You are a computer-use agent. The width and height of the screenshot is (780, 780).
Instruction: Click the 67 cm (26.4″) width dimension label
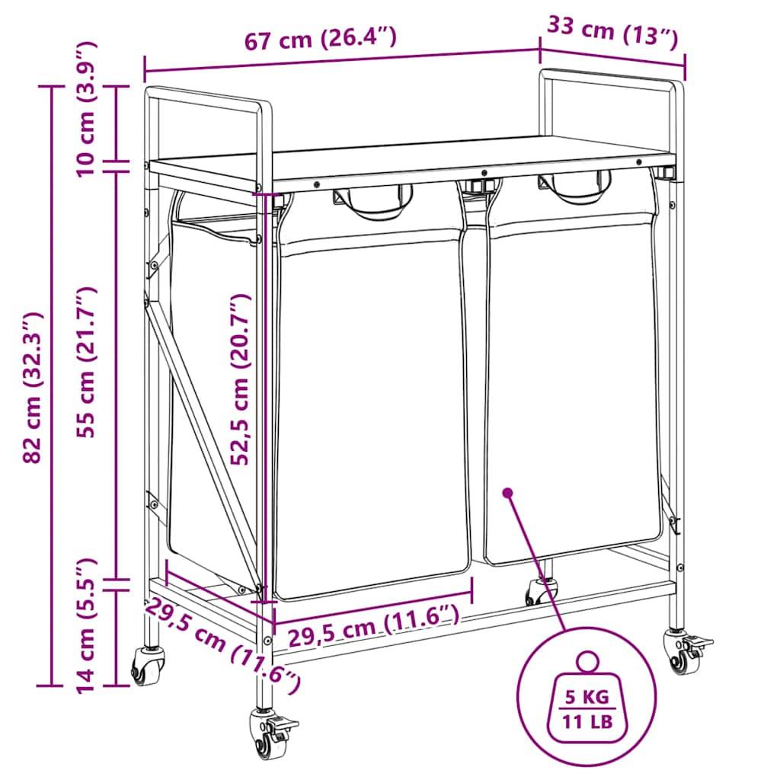pyautogui.click(x=321, y=39)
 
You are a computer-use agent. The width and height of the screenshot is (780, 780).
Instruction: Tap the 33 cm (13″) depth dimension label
pyautogui.click(x=613, y=30)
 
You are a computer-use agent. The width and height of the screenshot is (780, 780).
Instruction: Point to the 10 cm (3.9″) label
pyautogui.click(x=85, y=110)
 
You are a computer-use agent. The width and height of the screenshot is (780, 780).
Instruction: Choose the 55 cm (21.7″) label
pyautogui.click(x=85, y=362)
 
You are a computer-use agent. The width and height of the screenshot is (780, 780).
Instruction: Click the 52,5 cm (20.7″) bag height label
pyautogui.click(x=241, y=379)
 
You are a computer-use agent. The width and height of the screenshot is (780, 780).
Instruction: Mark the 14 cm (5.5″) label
pyautogui.click(x=85, y=626)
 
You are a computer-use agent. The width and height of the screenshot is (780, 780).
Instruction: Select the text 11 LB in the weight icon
pyautogui.click(x=587, y=721)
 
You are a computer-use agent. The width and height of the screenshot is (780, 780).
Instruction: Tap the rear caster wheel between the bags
pyautogui.click(x=542, y=591)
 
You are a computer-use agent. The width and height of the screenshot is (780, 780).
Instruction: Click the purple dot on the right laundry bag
pyautogui.click(x=508, y=493)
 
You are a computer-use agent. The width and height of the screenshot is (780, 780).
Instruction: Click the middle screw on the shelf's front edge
pyautogui.click(x=484, y=173)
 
